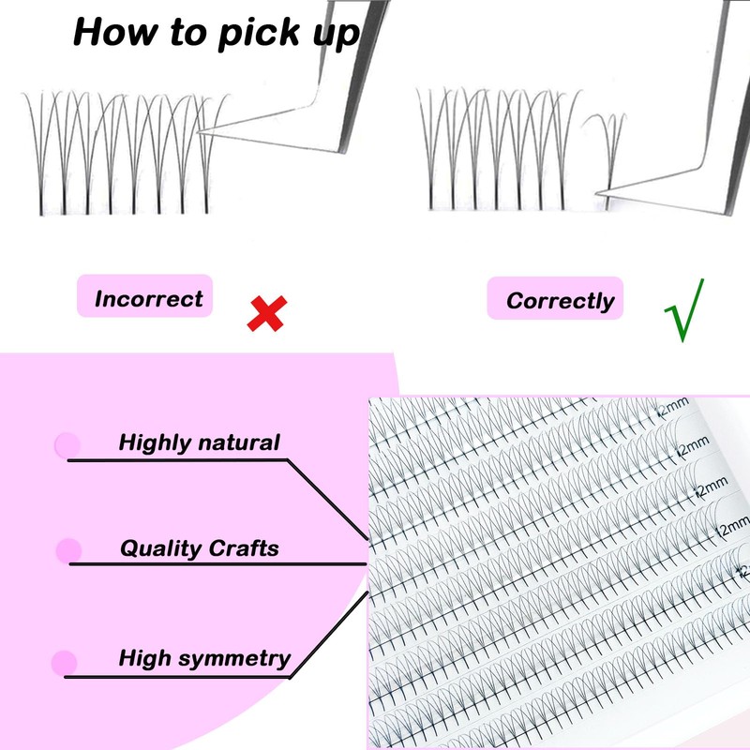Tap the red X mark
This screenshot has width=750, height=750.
pyautogui.click(x=266, y=312)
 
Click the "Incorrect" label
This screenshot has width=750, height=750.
pyautogui.click(x=148, y=299)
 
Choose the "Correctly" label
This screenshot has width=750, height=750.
pyautogui.click(x=560, y=301)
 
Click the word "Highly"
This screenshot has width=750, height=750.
pyautogui.click(x=156, y=442)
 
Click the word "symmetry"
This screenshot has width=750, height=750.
pyautogui.click(x=233, y=658)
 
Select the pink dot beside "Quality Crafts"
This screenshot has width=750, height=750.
pyautogui.click(x=68, y=550)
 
